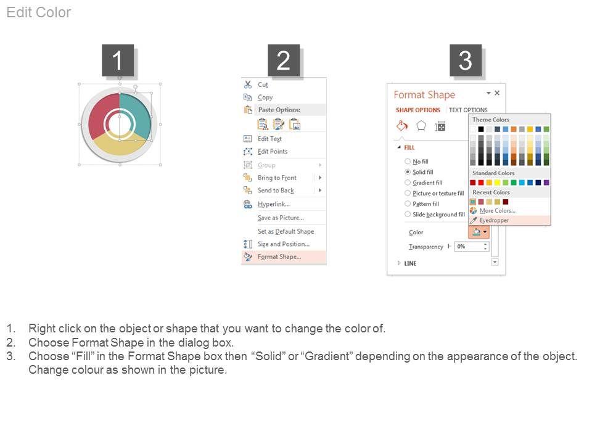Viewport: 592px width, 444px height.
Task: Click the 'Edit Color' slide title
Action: point(38,12)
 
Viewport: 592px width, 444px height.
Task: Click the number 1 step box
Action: point(118,60)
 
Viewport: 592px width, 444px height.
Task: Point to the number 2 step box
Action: point(284,60)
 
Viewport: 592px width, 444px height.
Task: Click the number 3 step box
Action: point(465,60)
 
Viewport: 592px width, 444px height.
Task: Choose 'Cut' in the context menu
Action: point(263,84)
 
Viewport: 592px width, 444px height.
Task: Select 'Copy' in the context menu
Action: point(265,97)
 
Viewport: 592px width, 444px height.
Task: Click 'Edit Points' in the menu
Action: point(273,152)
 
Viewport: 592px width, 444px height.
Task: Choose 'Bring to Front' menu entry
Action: point(277,178)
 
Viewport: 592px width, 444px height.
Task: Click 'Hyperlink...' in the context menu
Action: point(274,204)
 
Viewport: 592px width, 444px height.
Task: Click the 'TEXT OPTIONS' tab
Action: point(468,110)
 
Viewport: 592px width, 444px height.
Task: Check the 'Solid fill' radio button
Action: point(408,172)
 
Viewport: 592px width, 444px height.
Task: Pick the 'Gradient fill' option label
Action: point(427,183)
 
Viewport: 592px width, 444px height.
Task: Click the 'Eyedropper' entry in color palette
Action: point(494,220)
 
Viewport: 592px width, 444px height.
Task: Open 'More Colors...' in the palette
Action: point(497,211)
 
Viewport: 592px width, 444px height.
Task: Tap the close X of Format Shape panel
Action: point(497,93)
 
